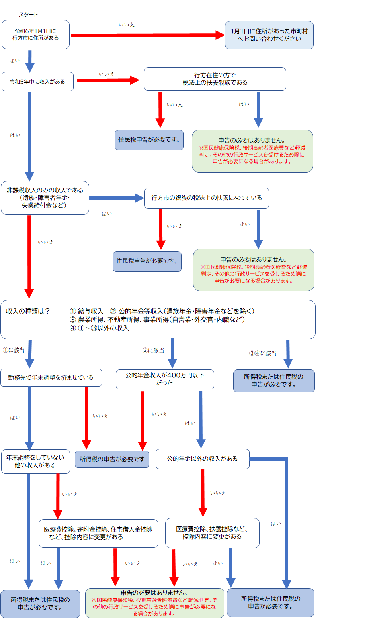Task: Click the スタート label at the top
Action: (x=28, y=15)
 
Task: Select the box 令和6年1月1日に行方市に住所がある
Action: (x=35, y=35)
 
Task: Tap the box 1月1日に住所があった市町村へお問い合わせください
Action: (x=269, y=35)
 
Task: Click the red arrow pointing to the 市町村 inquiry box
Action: (x=147, y=35)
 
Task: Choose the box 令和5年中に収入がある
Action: (x=37, y=82)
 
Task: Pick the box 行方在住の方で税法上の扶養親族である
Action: (x=215, y=79)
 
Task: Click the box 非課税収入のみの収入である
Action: (x=45, y=198)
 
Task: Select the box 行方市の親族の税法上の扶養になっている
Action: (x=207, y=198)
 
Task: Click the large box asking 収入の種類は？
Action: (x=158, y=320)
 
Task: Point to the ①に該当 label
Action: (x=14, y=350)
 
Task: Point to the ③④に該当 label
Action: (x=263, y=353)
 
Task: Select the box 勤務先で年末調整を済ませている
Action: (x=51, y=377)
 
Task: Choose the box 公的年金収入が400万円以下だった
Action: (x=165, y=379)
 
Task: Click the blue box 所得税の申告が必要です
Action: (x=112, y=459)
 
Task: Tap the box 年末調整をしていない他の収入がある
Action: (x=35, y=461)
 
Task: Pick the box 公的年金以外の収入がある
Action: (x=202, y=459)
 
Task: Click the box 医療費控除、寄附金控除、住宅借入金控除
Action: (x=98, y=533)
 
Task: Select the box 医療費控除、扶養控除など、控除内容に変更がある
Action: (x=212, y=533)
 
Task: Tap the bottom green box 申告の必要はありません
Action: (x=154, y=603)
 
